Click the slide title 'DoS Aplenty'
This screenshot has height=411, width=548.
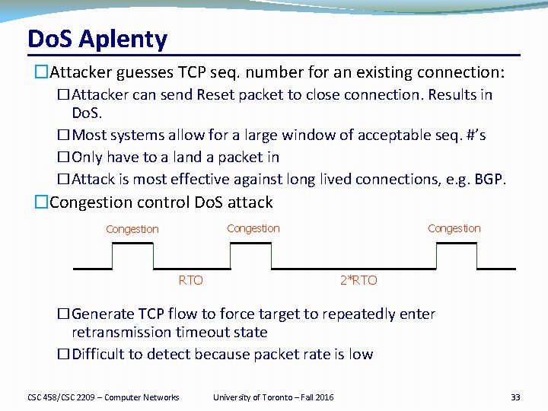point(97,38)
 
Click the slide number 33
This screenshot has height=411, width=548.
point(515,397)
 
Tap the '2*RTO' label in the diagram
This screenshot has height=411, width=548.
point(358,280)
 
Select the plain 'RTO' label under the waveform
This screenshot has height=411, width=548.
point(190,280)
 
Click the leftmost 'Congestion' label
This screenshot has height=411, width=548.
point(132,229)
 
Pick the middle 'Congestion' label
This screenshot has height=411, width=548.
point(253,228)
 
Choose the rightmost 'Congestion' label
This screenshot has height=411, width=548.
point(454,228)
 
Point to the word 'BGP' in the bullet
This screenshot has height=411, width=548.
point(488,180)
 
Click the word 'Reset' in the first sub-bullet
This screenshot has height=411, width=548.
point(216,95)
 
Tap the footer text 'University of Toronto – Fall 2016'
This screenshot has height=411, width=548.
point(272,397)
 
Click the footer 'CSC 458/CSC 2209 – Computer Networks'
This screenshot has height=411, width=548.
point(104,397)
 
